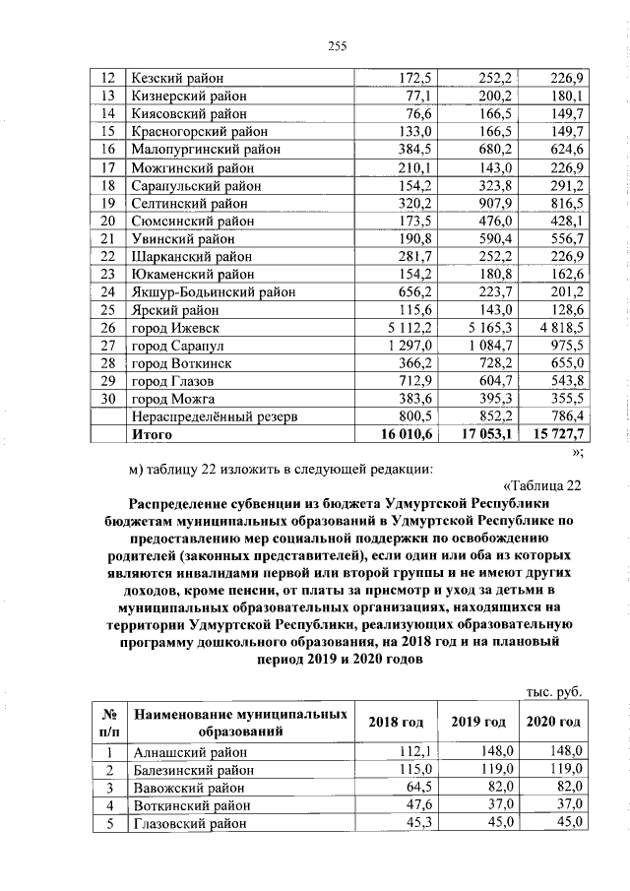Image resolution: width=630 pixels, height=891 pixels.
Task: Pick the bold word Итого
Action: click(x=152, y=433)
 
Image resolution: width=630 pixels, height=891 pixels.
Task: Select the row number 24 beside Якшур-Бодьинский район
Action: click(x=108, y=291)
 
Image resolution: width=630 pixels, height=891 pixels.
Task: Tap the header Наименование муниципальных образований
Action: click(x=239, y=723)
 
